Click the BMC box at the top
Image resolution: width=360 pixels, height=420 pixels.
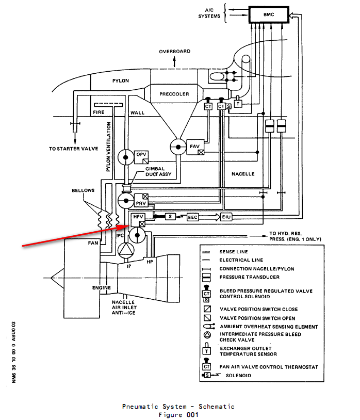tap(268, 15)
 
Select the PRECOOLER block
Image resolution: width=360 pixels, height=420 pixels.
tap(174, 94)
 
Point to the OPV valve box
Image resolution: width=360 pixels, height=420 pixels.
tap(141, 155)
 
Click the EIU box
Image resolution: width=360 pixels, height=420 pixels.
tap(227, 217)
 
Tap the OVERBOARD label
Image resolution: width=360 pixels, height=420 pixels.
tap(174, 52)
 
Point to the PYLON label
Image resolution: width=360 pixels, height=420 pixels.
tap(120, 81)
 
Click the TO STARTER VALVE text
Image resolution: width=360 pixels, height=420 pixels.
tap(74, 149)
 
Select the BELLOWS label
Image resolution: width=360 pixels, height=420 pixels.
tap(83, 190)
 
